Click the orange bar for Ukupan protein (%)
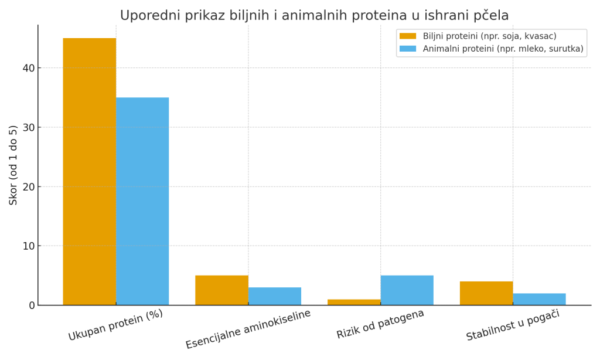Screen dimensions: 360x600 (89, 171)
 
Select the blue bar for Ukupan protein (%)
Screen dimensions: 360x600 (142, 201)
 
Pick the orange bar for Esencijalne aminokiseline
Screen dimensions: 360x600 (221, 290)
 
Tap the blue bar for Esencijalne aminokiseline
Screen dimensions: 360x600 (274, 296)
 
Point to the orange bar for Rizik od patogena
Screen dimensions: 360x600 (354, 302)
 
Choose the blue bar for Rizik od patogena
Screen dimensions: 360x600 (407, 290)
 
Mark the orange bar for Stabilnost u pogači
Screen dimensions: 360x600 (486, 293)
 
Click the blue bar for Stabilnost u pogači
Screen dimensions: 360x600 (539, 299)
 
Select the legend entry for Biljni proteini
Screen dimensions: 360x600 (489, 36)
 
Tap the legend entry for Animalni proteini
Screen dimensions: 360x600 (503, 49)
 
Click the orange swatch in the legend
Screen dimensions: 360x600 (408, 36)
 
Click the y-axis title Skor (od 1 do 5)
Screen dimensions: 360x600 (13, 165)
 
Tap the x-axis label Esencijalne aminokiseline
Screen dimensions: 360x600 (248, 329)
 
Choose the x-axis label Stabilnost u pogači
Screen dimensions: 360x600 (513, 325)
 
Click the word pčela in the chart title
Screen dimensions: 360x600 (490, 16)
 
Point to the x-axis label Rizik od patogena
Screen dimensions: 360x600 (380, 324)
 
